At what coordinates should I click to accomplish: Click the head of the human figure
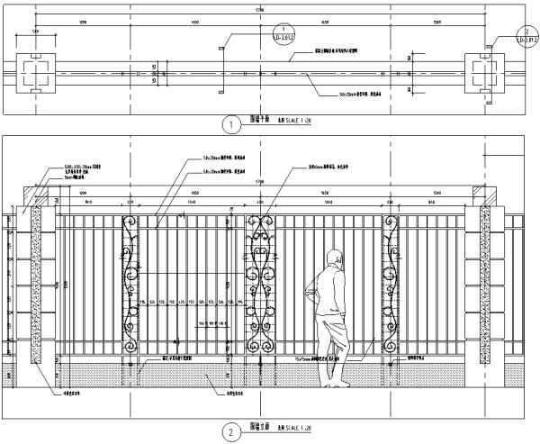(x=335, y=257)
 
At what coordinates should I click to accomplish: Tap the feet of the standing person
(x=339, y=383)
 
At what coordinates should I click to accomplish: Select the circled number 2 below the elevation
(x=232, y=431)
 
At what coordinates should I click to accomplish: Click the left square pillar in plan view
(x=35, y=74)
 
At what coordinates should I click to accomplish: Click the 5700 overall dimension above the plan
(x=260, y=11)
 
